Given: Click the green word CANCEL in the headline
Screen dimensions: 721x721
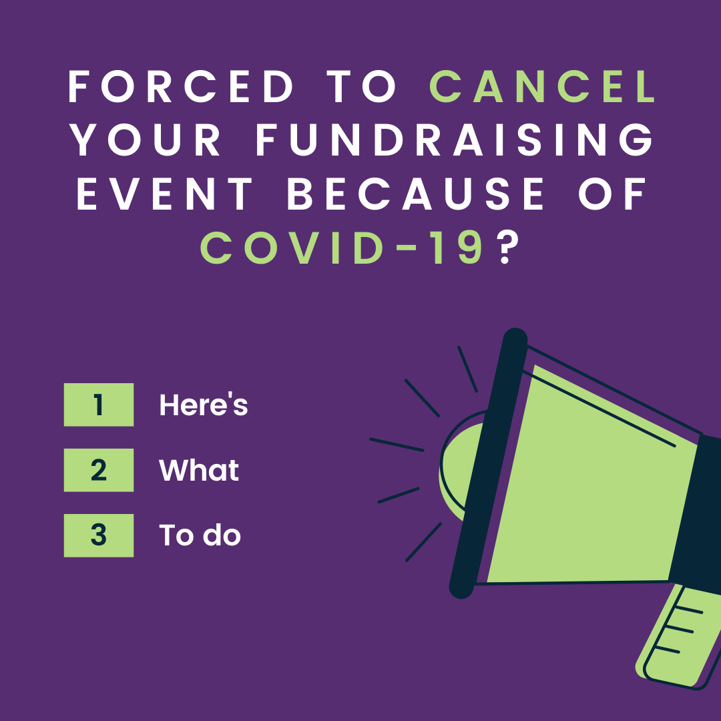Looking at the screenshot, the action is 543,86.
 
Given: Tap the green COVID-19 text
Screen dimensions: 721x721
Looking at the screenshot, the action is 342,248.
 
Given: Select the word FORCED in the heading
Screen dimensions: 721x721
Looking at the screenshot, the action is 181,86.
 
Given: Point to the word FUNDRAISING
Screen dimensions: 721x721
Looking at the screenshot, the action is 455,140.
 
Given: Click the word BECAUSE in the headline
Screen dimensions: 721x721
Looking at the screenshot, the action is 416,194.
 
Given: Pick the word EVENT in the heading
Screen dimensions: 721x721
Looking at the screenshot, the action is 164,194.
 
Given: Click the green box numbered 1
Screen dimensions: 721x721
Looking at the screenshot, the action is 99,405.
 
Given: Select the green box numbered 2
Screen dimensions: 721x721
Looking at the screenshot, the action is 99,470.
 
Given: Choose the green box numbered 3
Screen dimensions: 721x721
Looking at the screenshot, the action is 99,535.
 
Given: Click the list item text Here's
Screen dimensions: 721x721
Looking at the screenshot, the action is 203,405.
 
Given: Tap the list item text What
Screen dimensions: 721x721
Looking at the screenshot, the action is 199,470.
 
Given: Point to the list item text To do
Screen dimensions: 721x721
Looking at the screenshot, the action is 200,535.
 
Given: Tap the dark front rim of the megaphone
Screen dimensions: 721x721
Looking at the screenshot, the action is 488,463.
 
